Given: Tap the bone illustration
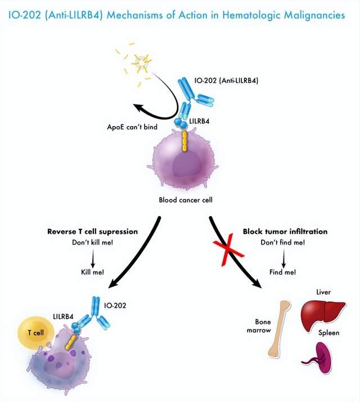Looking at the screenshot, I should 280,329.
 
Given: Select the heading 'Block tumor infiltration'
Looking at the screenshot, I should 285,231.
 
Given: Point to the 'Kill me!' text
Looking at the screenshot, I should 93,272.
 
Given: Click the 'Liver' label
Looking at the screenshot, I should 324,292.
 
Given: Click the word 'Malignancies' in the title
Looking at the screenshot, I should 312,15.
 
